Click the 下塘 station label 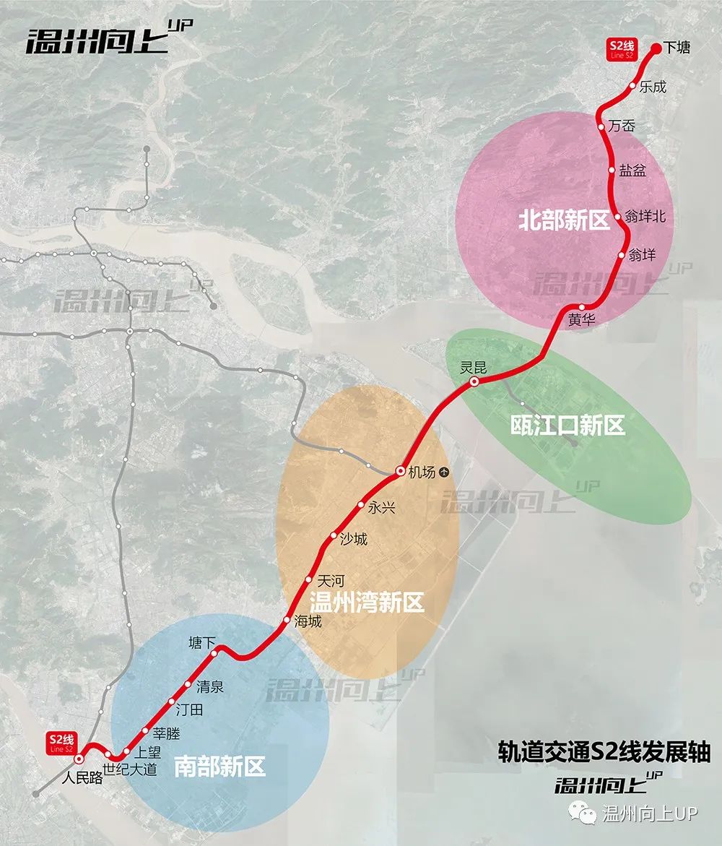click(x=677, y=48)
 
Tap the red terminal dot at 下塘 click(x=656, y=48)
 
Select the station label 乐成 click(x=653, y=87)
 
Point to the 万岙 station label click(x=622, y=126)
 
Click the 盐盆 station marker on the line click(x=612, y=171)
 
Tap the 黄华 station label click(x=582, y=321)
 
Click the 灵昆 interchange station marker click(x=474, y=381)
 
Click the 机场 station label click(x=422, y=472)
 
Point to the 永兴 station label click(x=382, y=507)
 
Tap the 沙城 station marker click(x=334, y=536)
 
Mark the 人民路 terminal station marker click(x=78, y=759)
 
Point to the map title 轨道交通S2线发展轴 click(x=604, y=752)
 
